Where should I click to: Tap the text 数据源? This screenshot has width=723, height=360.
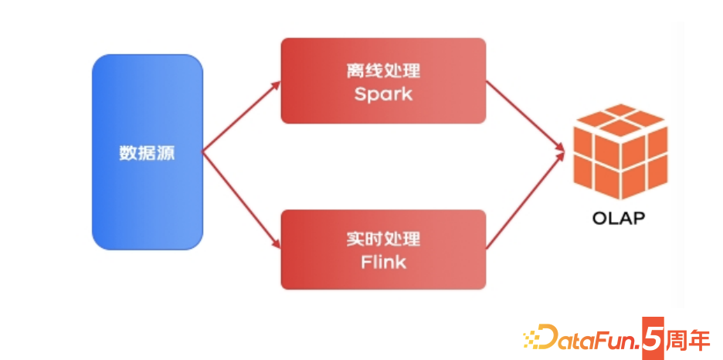[147, 152]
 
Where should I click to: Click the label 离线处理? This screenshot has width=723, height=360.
[383, 71]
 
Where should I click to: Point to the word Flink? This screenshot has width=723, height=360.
[383, 262]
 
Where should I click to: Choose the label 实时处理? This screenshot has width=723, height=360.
[383, 239]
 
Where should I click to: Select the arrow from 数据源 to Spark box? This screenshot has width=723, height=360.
[240, 117]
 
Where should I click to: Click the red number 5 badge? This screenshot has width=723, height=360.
[653, 339]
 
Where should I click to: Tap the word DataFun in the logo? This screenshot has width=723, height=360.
[591, 340]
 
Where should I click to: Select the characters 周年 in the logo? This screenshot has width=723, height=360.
[688, 339]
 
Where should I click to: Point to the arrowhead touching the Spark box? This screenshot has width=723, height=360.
[276, 83]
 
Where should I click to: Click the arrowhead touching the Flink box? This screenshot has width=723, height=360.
[276, 246]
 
